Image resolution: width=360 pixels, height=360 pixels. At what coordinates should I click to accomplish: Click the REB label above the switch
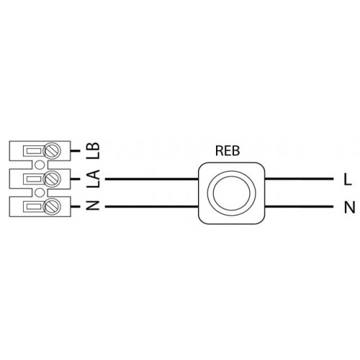pyautogui.click(x=228, y=150)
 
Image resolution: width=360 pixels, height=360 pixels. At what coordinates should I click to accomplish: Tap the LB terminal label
pyautogui.click(x=93, y=150)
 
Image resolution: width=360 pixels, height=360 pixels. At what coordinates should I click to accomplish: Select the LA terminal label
pyautogui.click(x=93, y=179)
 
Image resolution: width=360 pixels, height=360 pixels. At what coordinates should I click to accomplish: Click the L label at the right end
pyautogui.click(x=348, y=179)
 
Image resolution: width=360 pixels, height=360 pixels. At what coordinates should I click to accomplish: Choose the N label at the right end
pyautogui.click(x=349, y=207)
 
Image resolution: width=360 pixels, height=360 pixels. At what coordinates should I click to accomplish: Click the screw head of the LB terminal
pyautogui.click(x=52, y=151)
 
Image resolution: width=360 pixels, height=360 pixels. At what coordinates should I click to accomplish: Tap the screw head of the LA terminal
pyautogui.click(x=52, y=179)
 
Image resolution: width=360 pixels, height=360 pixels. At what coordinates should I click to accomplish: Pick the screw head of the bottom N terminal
pyautogui.click(x=52, y=207)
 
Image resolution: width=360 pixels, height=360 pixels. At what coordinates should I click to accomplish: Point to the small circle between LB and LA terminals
pyautogui.click(x=40, y=165)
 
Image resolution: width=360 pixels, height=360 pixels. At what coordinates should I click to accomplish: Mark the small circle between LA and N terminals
pyautogui.click(x=40, y=193)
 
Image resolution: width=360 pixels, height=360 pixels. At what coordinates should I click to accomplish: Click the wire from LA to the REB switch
pyautogui.click(x=152, y=179)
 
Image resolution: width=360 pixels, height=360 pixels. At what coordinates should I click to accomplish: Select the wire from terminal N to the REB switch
pyautogui.click(x=152, y=207)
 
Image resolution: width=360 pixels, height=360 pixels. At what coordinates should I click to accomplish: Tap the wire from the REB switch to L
pyautogui.click(x=299, y=179)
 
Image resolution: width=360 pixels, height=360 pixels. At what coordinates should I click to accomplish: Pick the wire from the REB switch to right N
pyautogui.click(x=299, y=207)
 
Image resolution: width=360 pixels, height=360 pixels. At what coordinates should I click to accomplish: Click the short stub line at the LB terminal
pyautogui.click(x=75, y=151)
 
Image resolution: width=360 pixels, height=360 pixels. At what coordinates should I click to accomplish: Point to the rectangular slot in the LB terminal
pyautogui.click(x=33, y=151)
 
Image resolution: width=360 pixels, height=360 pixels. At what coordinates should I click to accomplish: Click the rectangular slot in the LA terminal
pyautogui.click(x=33, y=179)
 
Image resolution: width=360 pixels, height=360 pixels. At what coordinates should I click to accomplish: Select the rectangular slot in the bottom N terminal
pyautogui.click(x=33, y=207)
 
